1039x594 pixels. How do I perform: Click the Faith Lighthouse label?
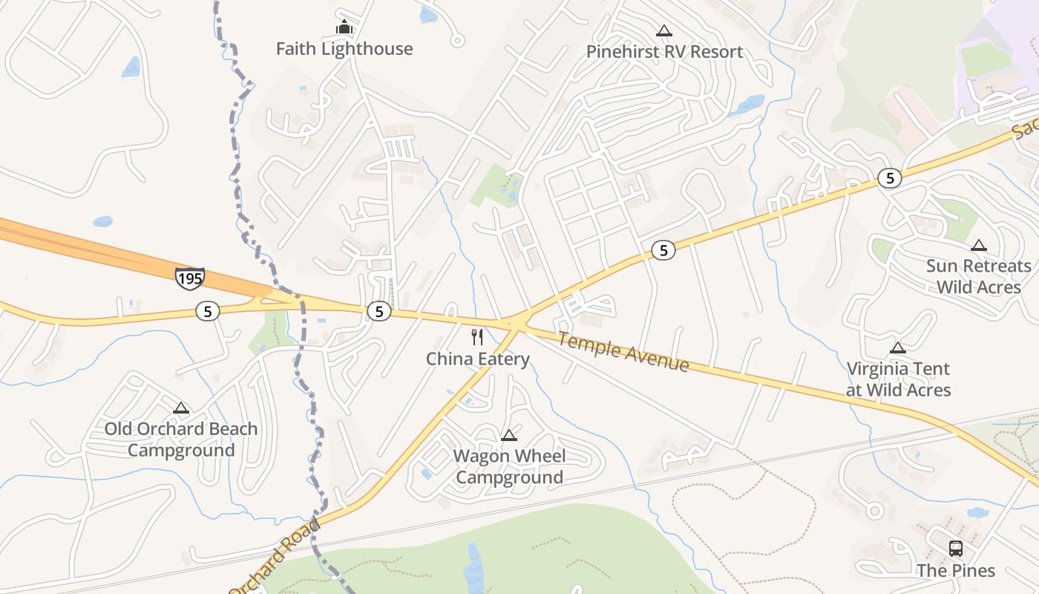[344, 49]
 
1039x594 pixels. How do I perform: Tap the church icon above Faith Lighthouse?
[344, 27]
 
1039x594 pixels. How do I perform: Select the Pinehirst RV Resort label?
[664, 52]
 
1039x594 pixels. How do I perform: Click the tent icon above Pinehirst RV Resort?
[664, 30]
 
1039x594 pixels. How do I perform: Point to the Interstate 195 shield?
[189, 278]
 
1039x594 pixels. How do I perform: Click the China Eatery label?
[477, 359]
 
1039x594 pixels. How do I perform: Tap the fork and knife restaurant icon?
[477, 337]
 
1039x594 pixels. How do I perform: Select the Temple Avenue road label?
[623, 352]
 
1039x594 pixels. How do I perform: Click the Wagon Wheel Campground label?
[509, 466]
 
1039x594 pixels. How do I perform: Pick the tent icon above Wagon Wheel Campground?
[509, 435]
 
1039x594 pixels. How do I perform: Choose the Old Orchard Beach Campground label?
[180, 440]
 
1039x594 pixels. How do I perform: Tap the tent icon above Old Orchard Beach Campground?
[180, 408]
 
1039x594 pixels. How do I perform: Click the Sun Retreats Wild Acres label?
[978, 276]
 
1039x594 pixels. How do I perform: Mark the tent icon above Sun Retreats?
[979, 245]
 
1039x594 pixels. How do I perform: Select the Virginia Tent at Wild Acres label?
[898, 379]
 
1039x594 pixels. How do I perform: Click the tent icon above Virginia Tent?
[898, 347]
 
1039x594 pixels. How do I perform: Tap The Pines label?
[954, 570]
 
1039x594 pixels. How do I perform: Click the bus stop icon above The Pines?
[956, 549]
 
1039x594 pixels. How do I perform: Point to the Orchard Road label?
[275, 556]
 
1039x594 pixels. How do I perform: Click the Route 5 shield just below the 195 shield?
[208, 311]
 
